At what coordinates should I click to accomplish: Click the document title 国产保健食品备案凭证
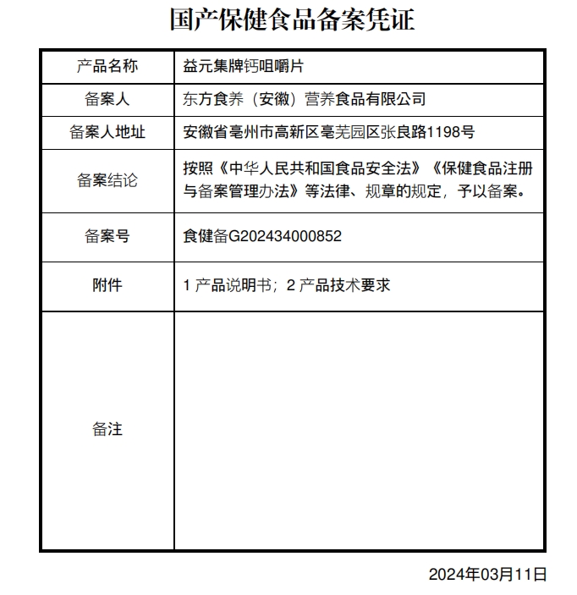(x=292, y=19)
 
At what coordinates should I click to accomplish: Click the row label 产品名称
(x=107, y=66)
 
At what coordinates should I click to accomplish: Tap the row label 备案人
(x=107, y=99)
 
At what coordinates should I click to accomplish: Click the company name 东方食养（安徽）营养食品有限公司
(x=304, y=99)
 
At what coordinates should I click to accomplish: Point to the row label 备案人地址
(x=107, y=132)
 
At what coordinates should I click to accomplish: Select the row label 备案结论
(x=107, y=180)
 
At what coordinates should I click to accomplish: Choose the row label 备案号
(x=107, y=236)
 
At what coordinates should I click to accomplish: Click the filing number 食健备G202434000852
(x=262, y=236)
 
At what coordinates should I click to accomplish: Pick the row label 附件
(x=107, y=286)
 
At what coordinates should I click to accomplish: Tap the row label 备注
(x=107, y=430)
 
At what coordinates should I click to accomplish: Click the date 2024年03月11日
(x=487, y=575)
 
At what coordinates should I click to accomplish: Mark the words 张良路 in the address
(x=404, y=132)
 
